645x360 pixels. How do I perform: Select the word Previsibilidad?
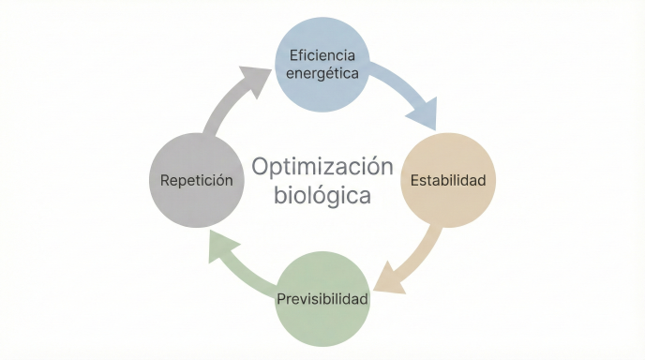tap(322, 300)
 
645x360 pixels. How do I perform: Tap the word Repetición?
tap(196, 180)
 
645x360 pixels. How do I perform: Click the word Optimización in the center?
tap(322, 166)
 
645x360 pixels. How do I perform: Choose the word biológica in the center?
tap(322, 196)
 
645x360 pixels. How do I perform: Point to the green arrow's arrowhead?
tap(219, 245)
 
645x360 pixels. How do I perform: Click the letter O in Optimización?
tap(262, 167)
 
